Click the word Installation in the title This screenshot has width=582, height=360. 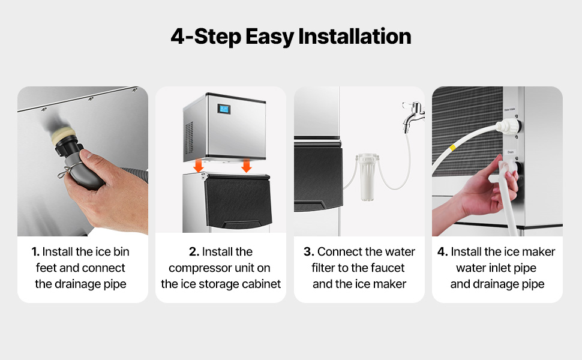(355, 37)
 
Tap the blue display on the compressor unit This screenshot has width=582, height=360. (224, 109)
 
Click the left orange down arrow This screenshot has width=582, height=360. (199, 166)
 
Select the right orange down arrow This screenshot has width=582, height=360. (246, 166)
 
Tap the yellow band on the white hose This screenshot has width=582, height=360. (452, 148)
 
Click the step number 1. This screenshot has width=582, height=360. (35, 251)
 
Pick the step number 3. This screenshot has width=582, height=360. (309, 251)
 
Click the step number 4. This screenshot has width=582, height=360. (442, 251)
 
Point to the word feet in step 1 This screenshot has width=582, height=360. (46, 268)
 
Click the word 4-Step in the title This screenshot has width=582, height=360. (206, 37)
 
